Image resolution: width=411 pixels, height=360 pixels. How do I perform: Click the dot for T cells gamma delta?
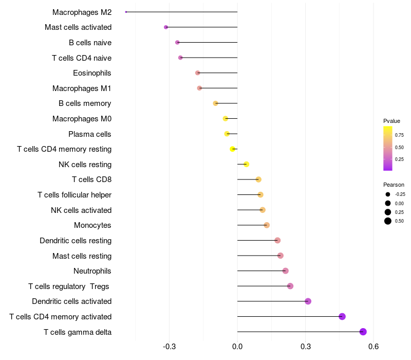[x=363, y=332]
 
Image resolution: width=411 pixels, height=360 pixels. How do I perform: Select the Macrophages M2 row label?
[x=82, y=12]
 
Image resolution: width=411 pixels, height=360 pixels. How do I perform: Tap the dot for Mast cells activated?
[x=166, y=27]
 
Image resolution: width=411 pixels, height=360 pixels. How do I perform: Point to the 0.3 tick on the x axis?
[x=305, y=348]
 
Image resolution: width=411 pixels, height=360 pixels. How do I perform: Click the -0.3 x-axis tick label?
[x=169, y=348]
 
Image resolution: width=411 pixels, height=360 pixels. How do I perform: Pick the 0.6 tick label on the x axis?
[x=373, y=348]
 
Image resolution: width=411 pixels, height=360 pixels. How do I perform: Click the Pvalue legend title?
[x=391, y=121]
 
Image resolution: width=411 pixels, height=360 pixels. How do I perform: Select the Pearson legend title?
[x=394, y=185]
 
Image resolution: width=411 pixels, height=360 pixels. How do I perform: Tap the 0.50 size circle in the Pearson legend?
[x=388, y=221]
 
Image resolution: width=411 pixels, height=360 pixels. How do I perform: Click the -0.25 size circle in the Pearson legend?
[x=388, y=194]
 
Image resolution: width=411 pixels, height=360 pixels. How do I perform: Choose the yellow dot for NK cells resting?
[x=247, y=164]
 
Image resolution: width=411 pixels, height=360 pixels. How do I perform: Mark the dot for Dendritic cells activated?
[x=308, y=301]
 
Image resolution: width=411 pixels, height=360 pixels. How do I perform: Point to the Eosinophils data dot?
[x=198, y=73]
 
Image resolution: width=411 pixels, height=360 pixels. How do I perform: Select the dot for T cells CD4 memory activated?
[x=342, y=316]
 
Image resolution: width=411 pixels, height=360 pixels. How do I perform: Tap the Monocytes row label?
[x=92, y=225]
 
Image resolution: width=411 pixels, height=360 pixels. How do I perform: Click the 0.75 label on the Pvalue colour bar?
[x=399, y=135]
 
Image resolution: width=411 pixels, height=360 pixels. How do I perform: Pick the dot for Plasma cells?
[x=227, y=134]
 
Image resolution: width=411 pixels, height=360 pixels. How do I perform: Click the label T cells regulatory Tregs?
[x=70, y=286]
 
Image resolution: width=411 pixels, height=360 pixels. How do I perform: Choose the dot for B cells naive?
[x=178, y=42]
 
